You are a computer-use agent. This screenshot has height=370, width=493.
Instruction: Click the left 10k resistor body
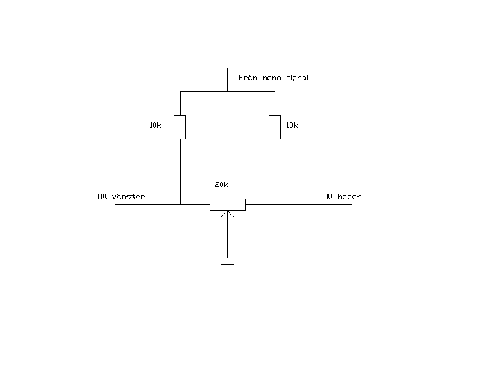(180, 127)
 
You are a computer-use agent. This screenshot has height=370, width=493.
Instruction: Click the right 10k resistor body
(275, 127)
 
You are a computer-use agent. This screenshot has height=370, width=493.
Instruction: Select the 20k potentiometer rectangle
(227, 204)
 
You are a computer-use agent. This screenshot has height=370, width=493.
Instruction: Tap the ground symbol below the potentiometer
(227, 260)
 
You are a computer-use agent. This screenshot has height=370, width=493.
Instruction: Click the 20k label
(221, 184)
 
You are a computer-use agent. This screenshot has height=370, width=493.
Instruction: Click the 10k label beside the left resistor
(155, 125)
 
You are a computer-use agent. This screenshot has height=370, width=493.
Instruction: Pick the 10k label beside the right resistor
(291, 125)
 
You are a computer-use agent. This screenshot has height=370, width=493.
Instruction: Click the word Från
(248, 78)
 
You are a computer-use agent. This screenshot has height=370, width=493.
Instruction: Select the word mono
(273, 78)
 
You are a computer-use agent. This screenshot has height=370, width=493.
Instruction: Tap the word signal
(298, 79)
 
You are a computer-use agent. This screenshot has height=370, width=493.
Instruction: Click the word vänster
(129, 197)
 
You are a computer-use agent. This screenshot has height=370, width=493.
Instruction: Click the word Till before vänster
(102, 197)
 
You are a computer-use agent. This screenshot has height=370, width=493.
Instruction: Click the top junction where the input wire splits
(227, 92)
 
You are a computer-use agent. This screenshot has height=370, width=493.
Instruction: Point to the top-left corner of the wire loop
(180, 92)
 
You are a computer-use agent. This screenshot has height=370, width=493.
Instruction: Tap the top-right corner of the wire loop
(275, 92)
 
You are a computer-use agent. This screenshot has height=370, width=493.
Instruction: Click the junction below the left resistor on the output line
(180, 204)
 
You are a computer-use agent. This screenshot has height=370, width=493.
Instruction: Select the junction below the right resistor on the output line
(275, 204)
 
